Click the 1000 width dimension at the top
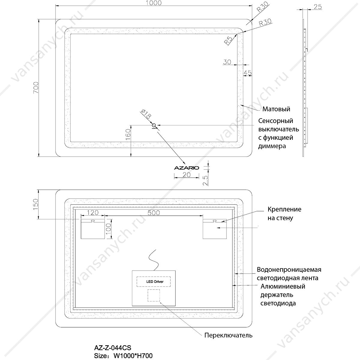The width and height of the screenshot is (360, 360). tap(154, 3)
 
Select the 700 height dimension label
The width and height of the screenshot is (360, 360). tap(36, 88)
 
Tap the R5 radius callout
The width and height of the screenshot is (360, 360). tap(228, 41)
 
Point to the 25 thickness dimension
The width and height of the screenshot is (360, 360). tap(318, 7)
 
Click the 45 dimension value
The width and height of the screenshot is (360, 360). tap(247, 73)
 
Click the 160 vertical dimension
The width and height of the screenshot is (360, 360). tap(128, 135)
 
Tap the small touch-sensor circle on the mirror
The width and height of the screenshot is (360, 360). tap(154, 125)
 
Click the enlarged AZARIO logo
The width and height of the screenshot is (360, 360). tap(186, 168)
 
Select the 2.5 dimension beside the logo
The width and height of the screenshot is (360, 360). tap(205, 180)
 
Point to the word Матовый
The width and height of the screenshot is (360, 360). tap(276, 109)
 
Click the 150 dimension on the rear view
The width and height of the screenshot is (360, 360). tap(35, 204)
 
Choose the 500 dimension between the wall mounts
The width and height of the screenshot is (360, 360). tap(154, 213)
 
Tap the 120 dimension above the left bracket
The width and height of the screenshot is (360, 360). tap(93, 213)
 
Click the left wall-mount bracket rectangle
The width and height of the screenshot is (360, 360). tap(93, 229)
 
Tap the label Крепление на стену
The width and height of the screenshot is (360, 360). tap(284, 214)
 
